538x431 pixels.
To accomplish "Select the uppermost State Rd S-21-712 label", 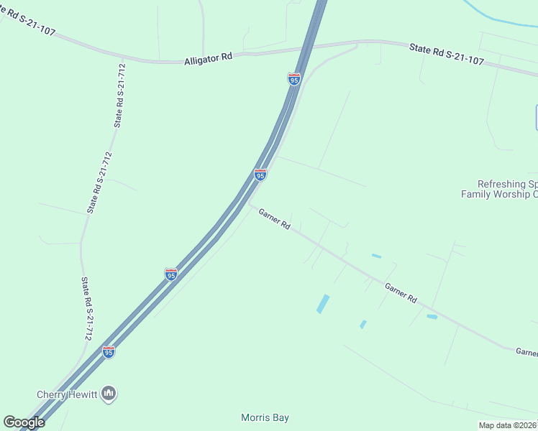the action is pos(120,95).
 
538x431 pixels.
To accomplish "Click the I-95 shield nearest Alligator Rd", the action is pos(293,79).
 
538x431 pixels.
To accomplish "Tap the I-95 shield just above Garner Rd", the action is pos(260,175).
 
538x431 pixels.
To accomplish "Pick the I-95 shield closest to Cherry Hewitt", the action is pos(109,351).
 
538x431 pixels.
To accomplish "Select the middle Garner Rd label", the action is pos(401,292).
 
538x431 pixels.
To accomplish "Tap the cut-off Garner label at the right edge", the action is pos(526,352).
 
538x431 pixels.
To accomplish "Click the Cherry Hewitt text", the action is pos(67,394).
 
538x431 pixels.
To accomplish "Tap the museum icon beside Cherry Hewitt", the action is pos(110,393).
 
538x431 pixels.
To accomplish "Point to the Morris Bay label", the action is pos(265,417).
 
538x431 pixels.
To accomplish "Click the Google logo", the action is pos(24,422).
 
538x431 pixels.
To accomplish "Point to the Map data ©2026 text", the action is pos(508,425).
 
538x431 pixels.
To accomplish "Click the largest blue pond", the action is pos(323,303).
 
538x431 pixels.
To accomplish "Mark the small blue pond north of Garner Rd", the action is pos(376,256).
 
